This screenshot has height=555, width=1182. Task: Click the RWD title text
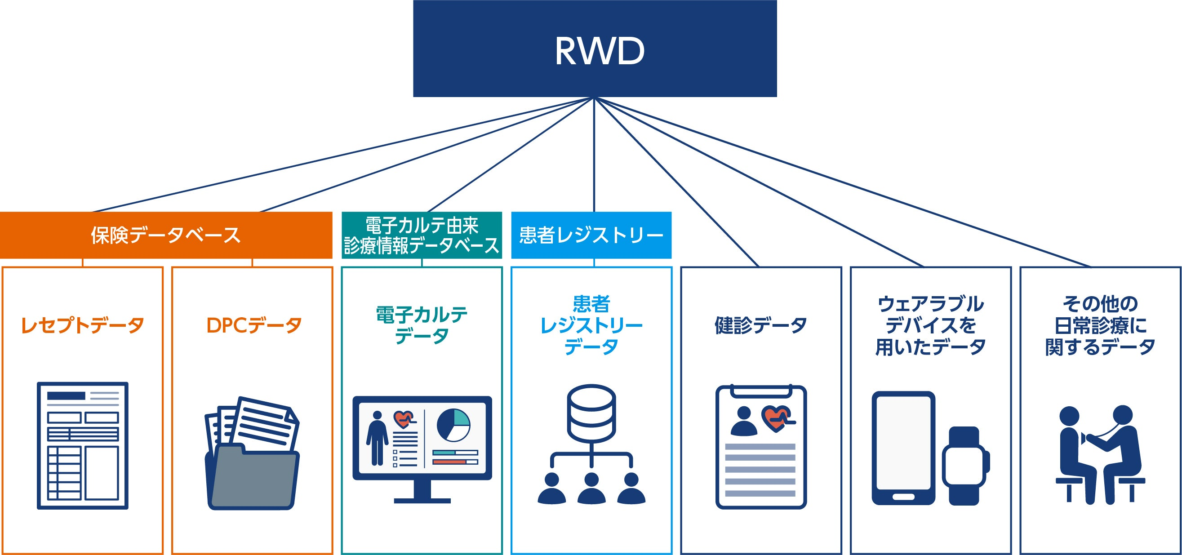click(x=599, y=51)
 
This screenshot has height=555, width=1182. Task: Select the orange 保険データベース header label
click(x=166, y=235)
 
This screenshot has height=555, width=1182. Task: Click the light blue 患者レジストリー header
click(x=591, y=235)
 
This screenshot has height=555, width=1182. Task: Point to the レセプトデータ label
click(x=83, y=325)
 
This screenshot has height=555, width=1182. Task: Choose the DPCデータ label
click(x=254, y=325)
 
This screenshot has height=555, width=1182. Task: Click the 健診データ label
click(x=761, y=325)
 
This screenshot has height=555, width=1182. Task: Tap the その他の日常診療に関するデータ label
click(x=1100, y=325)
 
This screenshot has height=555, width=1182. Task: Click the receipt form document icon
click(x=83, y=445)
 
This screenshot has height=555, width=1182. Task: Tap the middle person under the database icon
click(x=591, y=489)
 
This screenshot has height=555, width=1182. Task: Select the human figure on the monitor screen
click(x=377, y=438)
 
